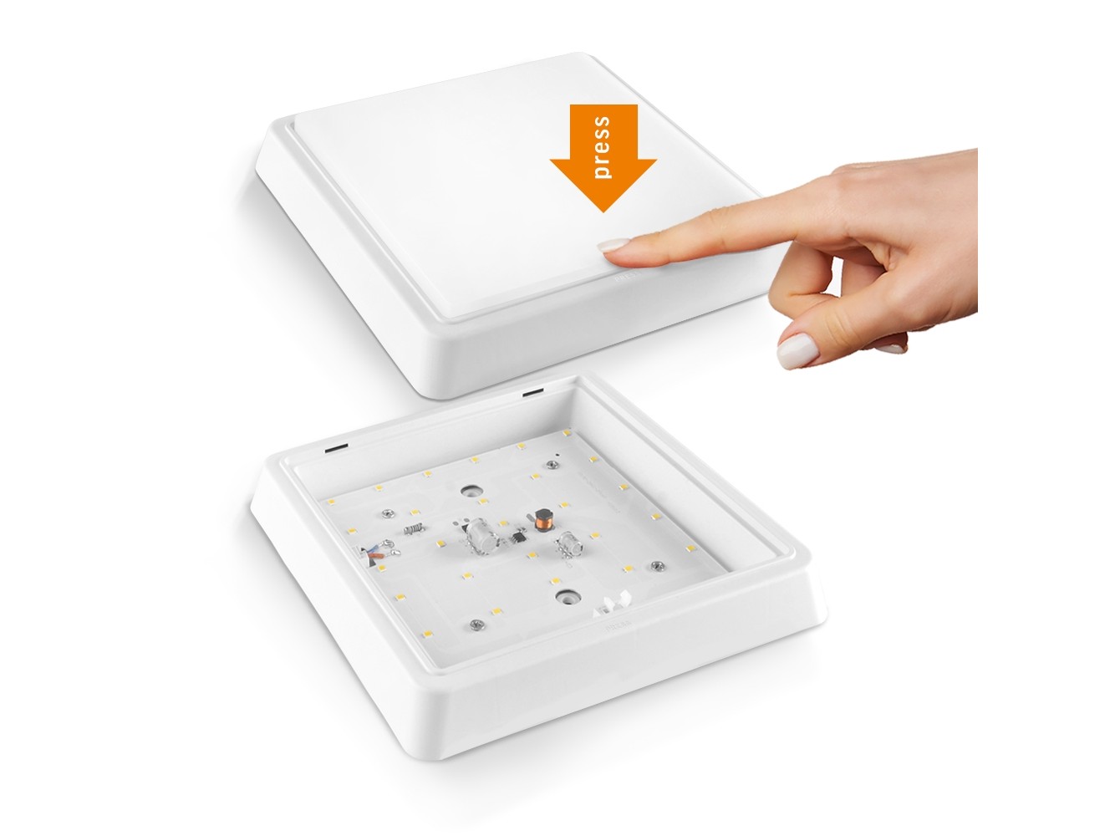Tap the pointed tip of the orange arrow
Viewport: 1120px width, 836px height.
click(603, 212)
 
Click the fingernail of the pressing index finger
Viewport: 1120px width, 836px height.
click(613, 245)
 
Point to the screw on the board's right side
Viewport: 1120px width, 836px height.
click(659, 565)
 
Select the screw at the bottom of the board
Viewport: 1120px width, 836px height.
click(476, 624)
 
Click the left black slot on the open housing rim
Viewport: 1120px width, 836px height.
click(336, 449)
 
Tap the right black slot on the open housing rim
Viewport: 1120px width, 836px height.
click(532, 392)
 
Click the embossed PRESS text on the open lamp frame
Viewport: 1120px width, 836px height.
click(619, 624)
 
